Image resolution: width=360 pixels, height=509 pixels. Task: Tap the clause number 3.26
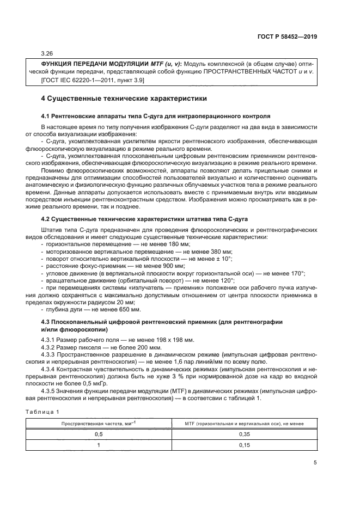(47, 54)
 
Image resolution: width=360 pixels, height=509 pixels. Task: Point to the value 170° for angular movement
(297, 273)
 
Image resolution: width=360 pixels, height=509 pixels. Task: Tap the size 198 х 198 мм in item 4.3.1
(175, 340)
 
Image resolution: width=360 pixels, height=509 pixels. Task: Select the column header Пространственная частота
(102, 423)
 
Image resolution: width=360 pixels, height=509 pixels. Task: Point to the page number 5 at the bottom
(315, 463)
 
